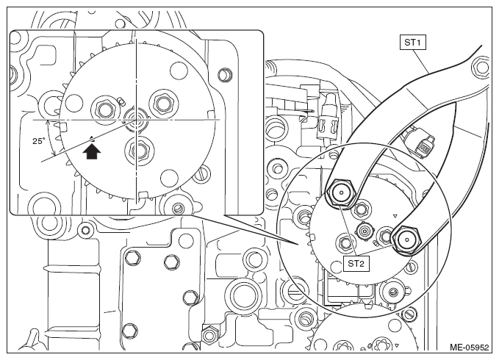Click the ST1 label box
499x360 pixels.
pyautogui.click(x=412, y=43)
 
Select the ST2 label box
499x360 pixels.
pyautogui.click(x=356, y=263)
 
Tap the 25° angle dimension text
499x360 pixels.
pyautogui.click(x=39, y=141)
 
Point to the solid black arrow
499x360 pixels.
pyautogui.click(x=92, y=151)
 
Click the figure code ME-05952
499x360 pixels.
pyautogui.click(x=470, y=347)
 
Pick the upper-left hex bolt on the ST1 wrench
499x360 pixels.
pyautogui.click(x=341, y=192)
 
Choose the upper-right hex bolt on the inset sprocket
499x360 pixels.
pyautogui.click(x=162, y=102)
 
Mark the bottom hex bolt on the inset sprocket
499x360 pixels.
pyautogui.click(x=140, y=148)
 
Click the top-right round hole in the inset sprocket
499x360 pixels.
pyautogui.click(x=179, y=71)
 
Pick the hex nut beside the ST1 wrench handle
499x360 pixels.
pyautogui.click(x=481, y=68)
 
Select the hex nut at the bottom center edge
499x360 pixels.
pyautogui.click(x=209, y=336)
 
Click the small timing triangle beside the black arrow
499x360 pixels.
pyautogui.click(x=92, y=138)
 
